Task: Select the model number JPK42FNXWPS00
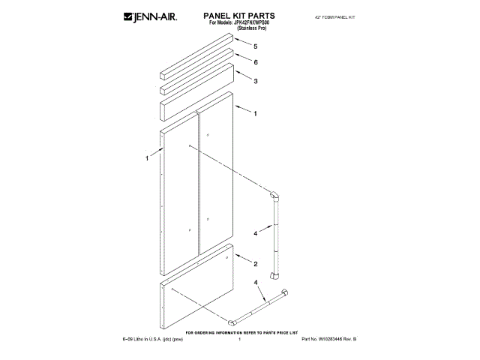point(246,22)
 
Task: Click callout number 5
point(256,46)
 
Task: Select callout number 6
point(256,62)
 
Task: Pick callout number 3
point(256,81)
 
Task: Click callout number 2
point(256,264)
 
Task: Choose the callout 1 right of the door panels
point(256,114)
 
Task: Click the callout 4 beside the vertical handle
point(255,233)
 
